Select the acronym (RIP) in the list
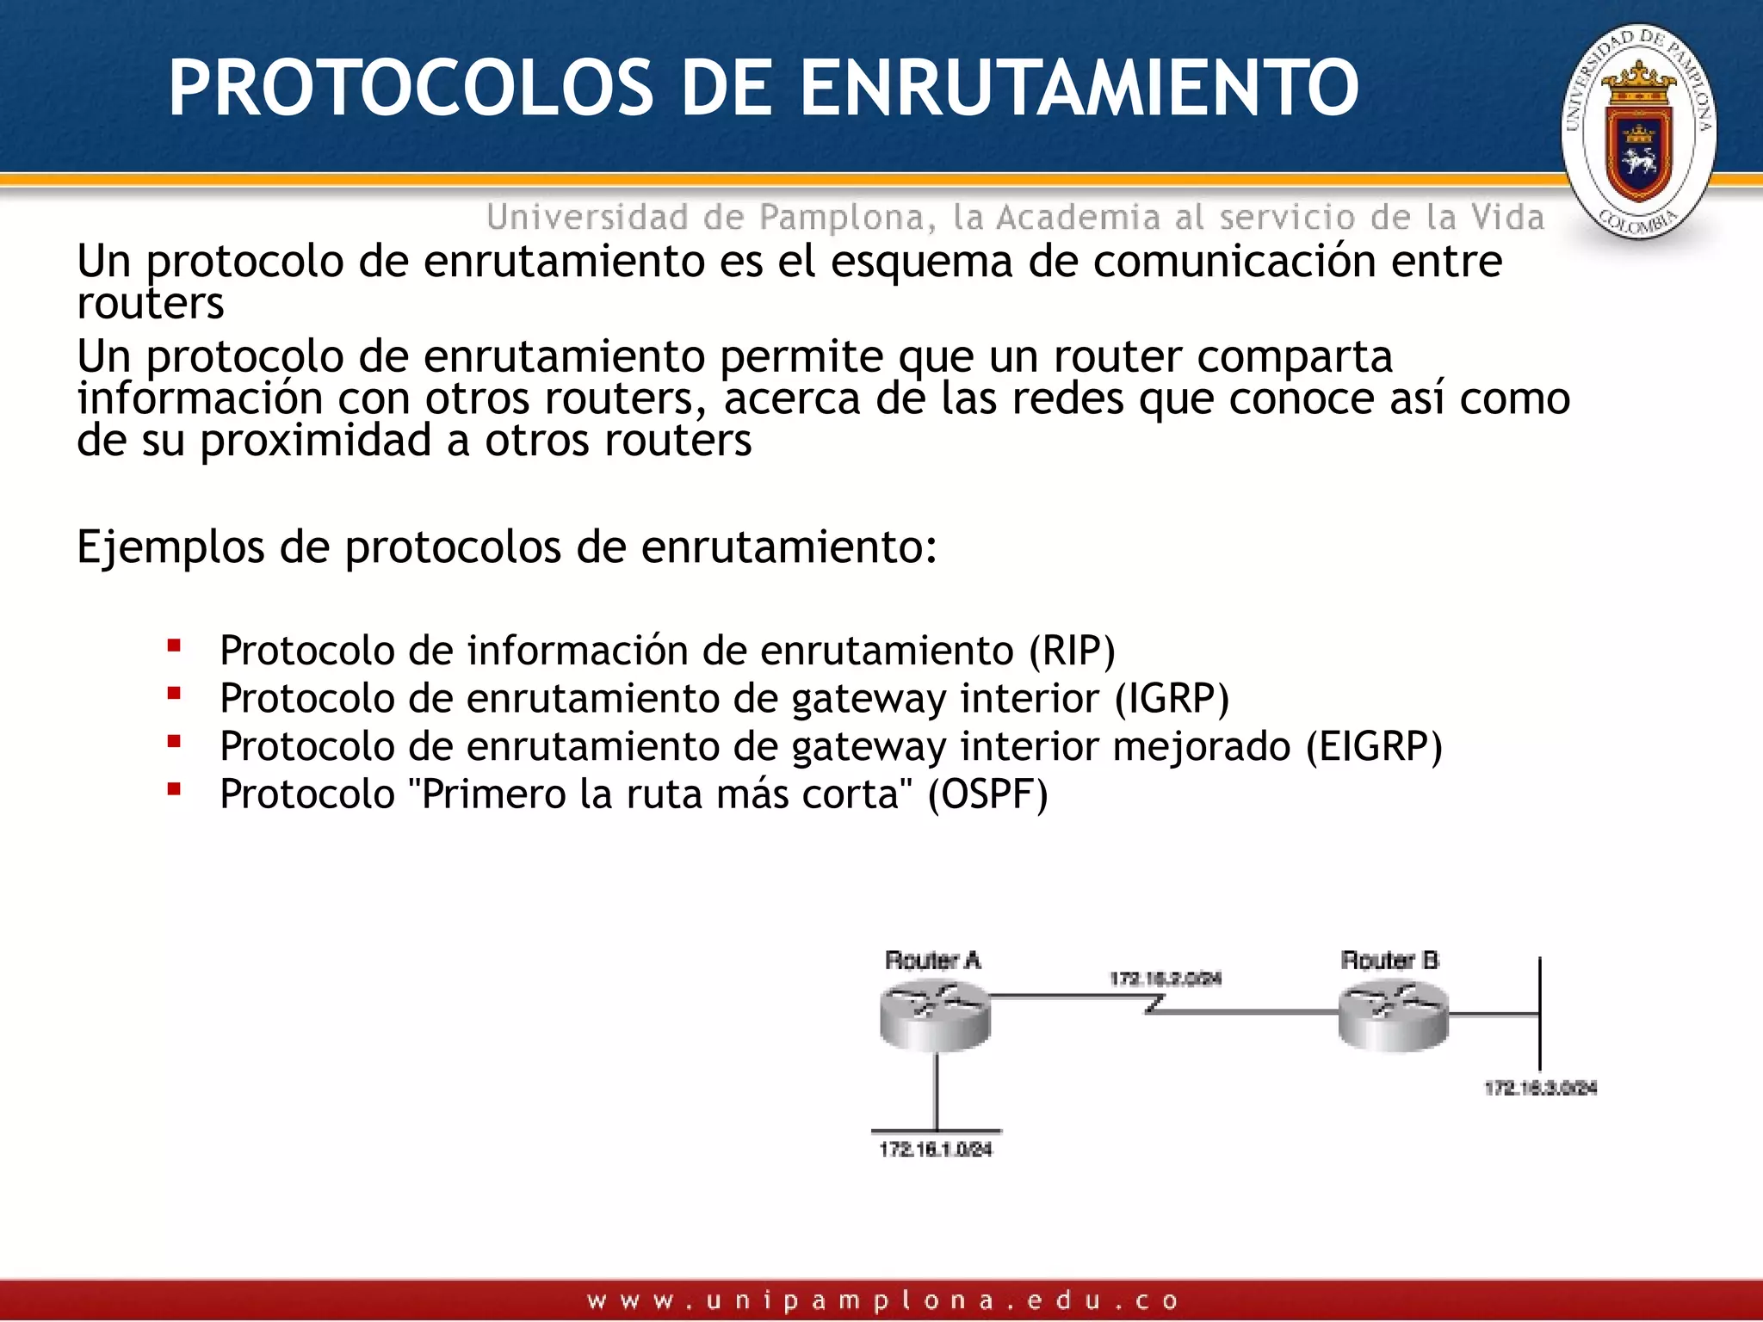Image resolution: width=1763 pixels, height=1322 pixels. coord(1072,651)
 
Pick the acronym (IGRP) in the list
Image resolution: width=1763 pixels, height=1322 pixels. coord(1172,698)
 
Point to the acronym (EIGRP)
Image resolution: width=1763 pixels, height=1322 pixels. coord(1374,746)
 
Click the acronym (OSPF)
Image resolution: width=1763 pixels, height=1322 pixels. coord(987,794)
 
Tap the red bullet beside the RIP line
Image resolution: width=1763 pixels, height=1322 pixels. coord(174,645)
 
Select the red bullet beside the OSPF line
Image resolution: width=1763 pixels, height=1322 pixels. coord(174,788)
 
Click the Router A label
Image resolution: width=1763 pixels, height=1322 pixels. coord(933,961)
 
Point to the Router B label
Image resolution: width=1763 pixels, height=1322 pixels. coord(1389,961)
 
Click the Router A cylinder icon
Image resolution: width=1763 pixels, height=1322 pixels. coord(935,1017)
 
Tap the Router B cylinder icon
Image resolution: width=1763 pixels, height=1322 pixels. coord(1393,1017)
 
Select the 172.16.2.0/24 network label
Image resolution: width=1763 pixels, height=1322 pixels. coord(1165,979)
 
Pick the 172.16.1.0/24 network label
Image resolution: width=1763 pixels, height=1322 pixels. coord(936,1150)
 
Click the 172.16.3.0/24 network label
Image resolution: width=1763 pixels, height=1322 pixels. coord(1540,1089)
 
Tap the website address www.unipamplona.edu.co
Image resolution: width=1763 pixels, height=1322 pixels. coord(881,1300)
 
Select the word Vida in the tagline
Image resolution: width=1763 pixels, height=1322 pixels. coord(1507,218)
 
